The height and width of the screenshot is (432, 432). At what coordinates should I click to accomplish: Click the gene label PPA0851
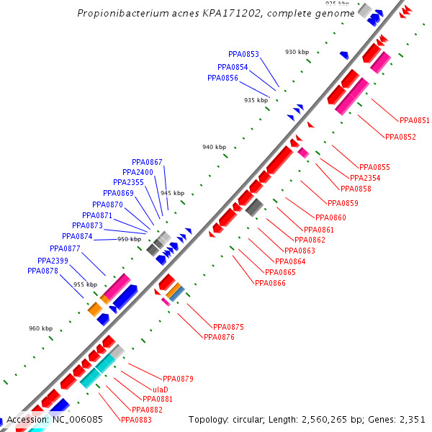(414, 120)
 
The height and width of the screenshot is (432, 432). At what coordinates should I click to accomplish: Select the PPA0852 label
(400, 137)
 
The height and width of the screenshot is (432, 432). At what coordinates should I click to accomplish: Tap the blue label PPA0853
(243, 54)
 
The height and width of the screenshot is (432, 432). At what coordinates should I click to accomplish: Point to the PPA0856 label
(222, 78)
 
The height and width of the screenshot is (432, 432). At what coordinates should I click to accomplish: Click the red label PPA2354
(365, 178)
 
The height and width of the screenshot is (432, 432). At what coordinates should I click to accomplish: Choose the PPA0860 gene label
(330, 217)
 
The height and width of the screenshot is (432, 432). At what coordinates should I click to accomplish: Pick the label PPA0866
(270, 283)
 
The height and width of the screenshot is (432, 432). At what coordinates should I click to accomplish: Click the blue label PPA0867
(147, 162)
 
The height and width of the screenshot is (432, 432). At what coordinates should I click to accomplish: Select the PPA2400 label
(138, 173)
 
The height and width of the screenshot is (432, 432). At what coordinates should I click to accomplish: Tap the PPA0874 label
(77, 236)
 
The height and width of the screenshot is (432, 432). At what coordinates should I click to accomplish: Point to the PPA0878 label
(42, 271)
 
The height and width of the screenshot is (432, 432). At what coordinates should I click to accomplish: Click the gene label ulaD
(161, 389)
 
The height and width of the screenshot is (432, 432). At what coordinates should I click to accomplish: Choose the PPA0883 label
(136, 420)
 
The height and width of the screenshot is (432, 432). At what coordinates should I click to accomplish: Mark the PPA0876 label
(219, 337)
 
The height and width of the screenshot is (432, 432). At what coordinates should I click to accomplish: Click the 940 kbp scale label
(214, 147)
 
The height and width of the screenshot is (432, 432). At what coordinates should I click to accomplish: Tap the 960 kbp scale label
(41, 328)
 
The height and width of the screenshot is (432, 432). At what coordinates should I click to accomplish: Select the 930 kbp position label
(297, 52)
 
